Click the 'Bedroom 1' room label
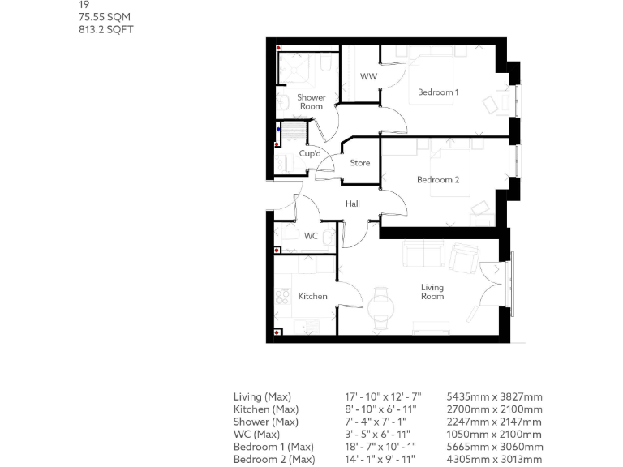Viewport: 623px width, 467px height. tap(438, 92)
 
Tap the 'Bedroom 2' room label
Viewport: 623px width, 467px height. tap(438, 180)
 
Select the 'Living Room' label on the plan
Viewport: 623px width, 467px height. tap(432, 292)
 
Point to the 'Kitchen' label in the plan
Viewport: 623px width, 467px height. tap(312, 297)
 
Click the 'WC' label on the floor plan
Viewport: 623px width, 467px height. tap(311, 237)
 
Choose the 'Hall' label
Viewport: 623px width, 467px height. tap(352, 204)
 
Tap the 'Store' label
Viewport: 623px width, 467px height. tap(359, 163)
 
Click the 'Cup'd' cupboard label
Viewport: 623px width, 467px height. tap(310, 154)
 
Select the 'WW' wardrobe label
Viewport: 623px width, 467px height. tap(368, 77)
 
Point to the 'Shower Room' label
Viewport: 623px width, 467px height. tap(311, 102)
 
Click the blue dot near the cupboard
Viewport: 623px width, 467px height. tap(278, 128)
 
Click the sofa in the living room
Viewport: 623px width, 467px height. tap(423, 255)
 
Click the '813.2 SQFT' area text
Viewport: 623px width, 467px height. tap(105, 29)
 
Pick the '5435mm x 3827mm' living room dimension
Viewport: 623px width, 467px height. tap(494, 397)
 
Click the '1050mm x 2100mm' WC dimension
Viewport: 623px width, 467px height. tap(494, 435)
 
